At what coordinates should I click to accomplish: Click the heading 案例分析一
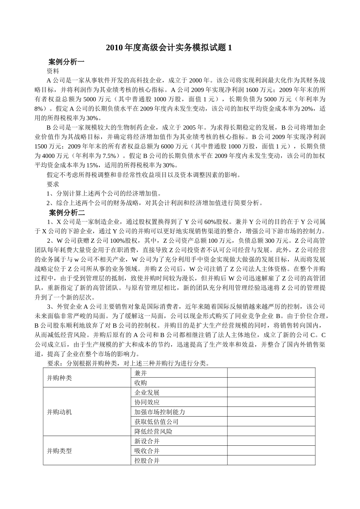coord(67,61)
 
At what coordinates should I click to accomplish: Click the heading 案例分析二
coord(67,212)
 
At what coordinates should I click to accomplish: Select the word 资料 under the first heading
coord(53,71)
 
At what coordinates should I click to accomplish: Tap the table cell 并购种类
coord(59,378)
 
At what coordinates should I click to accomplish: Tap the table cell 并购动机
coord(59,412)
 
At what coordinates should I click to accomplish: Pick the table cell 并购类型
coord(59,451)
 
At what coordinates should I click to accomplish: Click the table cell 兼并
coord(141,373)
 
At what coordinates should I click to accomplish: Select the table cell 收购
coord(141,383)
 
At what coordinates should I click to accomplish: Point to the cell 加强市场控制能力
coord(160,412)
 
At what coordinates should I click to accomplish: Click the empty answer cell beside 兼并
coord(271,373)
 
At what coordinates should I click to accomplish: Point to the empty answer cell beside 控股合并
coord(271,461)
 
